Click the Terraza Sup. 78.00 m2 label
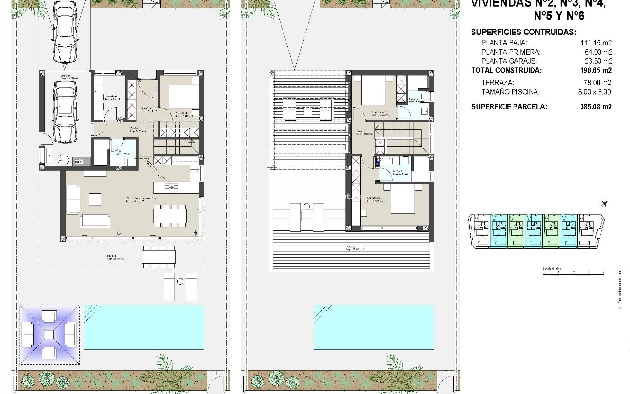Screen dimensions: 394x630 (355, 248)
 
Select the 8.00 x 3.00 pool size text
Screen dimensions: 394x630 (595, 92)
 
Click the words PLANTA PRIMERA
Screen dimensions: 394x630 (511, 52)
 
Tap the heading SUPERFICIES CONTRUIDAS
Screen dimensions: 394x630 (523, 32)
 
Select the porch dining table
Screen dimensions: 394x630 (159, 257)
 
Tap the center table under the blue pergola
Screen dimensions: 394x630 (49, 335)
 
